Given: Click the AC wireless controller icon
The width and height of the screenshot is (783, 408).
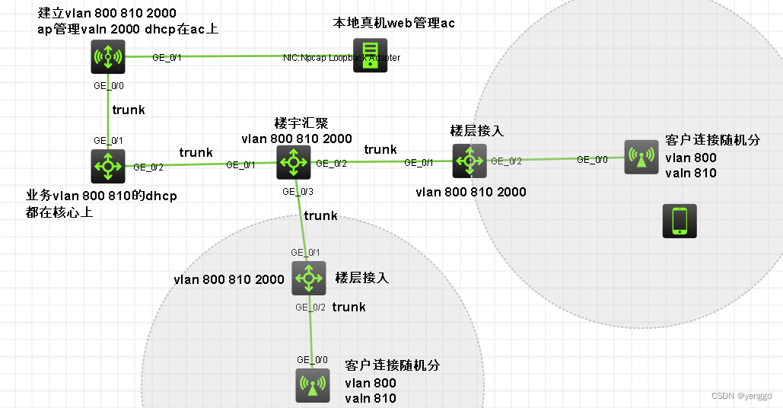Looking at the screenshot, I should click(x=108, y=56).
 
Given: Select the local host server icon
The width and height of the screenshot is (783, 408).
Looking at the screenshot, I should click(x=370, y=56).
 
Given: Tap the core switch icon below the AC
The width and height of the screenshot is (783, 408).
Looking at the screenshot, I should click(x=108, y=165).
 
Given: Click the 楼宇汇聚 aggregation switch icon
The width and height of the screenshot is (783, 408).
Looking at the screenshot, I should click(x=293, y=162).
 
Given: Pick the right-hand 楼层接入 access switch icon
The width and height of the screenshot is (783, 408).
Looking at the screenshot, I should click(x=469, y=160).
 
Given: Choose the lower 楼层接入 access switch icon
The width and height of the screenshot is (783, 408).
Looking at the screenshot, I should click(x=308, y=278).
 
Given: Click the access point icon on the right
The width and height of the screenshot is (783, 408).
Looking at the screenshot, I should click(x=641, y=157).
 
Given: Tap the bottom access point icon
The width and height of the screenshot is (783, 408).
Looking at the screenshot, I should click(x=312, y=384).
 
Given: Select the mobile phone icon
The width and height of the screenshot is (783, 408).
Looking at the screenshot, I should click(x=679, y=221).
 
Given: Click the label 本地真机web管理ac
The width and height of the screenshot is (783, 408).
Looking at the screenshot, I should click(x=393, y=23).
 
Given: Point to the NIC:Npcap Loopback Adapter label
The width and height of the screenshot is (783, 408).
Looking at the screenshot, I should click(x=342, y=58).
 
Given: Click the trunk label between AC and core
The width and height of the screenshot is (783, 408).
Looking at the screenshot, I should click(x=129, y=110).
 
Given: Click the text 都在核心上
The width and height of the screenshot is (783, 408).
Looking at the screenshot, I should click(x=59, y=212).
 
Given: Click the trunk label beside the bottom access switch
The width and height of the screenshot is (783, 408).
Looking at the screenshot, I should click(x=349, y=307).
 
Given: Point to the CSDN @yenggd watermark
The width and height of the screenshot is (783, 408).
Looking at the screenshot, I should click(x=741, y=396).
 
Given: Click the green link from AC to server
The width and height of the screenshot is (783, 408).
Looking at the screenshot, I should click(x=228, y=56).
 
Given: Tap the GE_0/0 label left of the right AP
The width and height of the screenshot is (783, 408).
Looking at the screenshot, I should click(x=591, y=159).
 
